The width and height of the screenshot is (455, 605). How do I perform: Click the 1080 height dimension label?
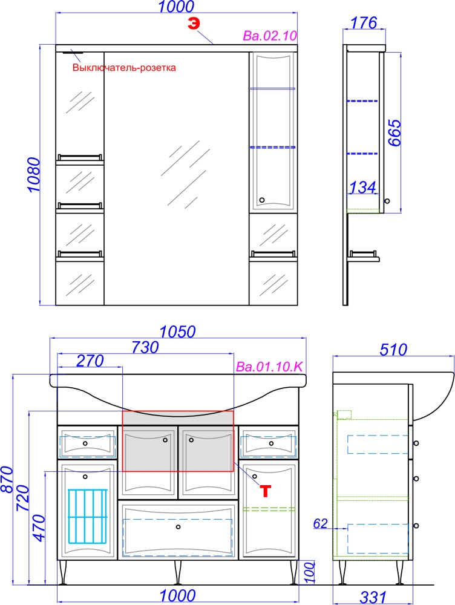(x=33, y=175)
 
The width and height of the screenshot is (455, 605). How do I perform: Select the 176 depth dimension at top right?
(x=364, y=23)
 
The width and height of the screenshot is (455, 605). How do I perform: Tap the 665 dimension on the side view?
(x=394, y=132)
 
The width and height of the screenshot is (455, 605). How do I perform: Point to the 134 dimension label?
(x=362, y=188)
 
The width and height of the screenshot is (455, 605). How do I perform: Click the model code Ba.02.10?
(x=270, y=36)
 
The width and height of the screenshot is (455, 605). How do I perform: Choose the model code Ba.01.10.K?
(x=269, y=367)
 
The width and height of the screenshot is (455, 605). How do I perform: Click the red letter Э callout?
(x=194, y=24)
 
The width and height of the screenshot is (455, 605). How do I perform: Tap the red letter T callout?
(x=265, y=491)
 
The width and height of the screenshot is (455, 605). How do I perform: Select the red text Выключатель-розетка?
(x=124, y=68)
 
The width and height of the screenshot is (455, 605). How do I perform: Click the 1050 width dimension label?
(x=177, y=332)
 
